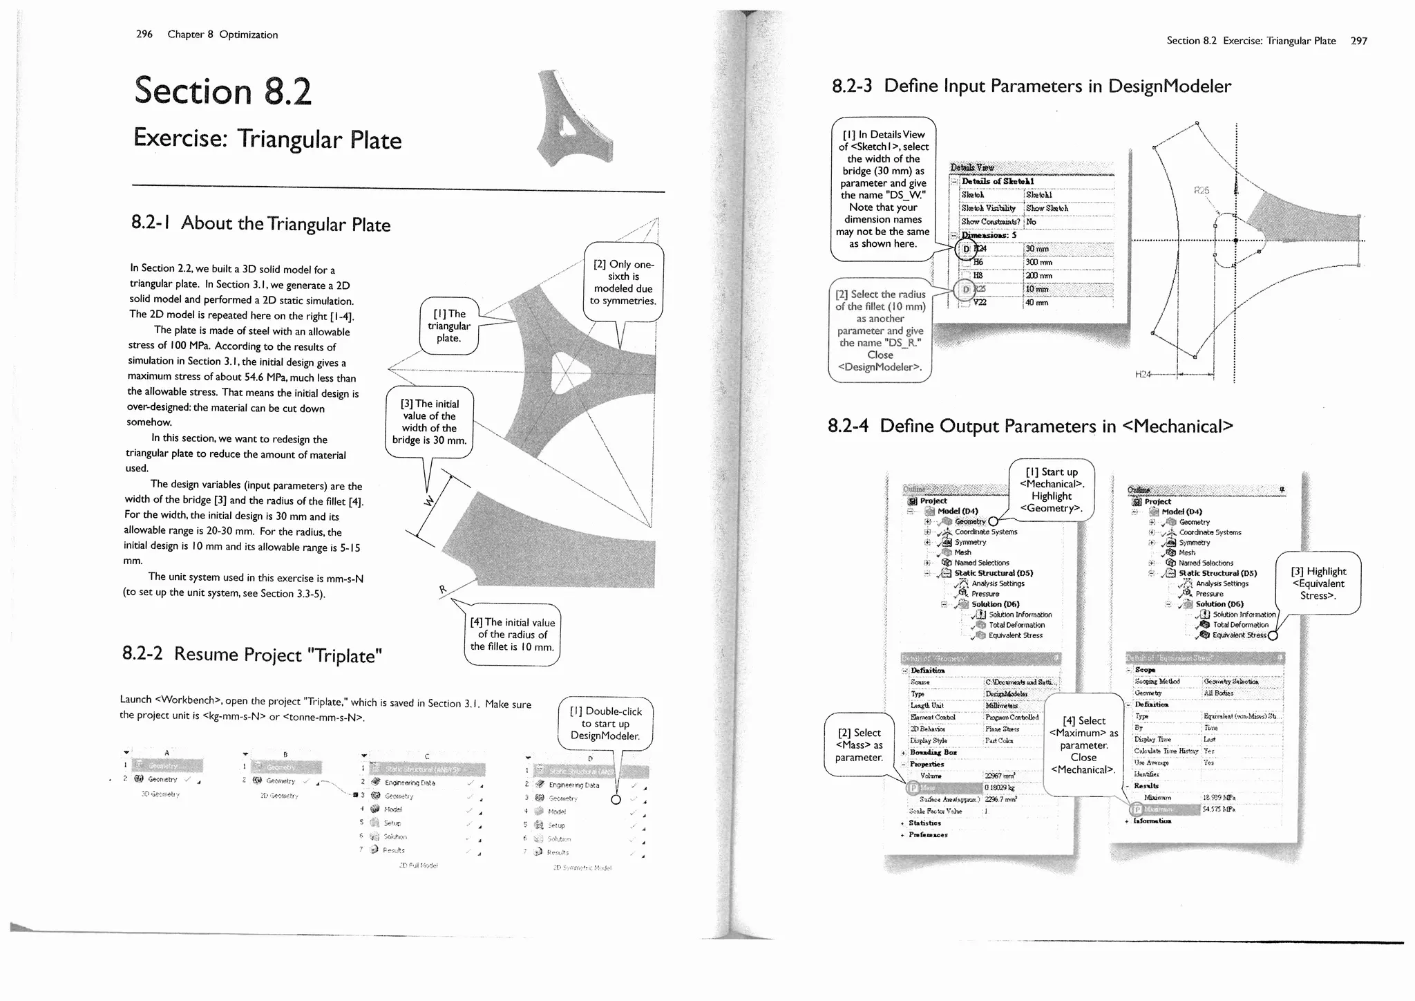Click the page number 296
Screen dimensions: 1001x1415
144,34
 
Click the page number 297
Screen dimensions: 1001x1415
1358,41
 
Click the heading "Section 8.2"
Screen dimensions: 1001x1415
222,91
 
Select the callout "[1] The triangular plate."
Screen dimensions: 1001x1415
448,326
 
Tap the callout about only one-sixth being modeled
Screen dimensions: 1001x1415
623,282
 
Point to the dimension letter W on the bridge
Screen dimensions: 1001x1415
429,501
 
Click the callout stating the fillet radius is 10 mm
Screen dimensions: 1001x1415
512,635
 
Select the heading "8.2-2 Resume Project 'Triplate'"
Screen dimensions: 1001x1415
252,654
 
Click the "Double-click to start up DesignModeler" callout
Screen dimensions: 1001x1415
605,723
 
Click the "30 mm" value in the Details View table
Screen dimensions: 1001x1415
1037,249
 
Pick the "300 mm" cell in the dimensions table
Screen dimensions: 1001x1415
1038,263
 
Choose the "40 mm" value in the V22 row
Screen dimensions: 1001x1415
1036,302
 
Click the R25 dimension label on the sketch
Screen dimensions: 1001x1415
1203,189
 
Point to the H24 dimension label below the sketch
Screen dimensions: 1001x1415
1143,374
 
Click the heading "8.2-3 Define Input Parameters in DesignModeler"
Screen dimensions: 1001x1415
1031,86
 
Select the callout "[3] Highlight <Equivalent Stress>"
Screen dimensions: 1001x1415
1318,583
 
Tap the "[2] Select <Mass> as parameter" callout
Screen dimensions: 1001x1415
859,745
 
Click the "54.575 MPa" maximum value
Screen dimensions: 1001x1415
1219,809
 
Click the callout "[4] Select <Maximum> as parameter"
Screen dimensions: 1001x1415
1083,745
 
